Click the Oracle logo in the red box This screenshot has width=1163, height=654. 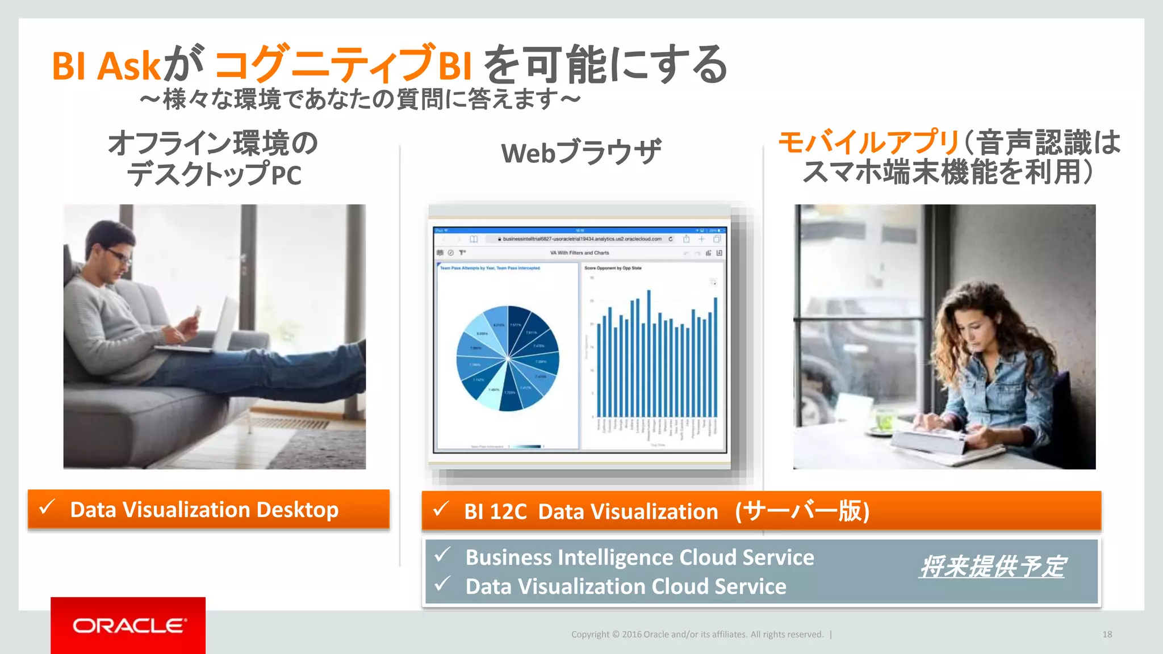129,626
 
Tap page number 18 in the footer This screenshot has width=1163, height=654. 1107,635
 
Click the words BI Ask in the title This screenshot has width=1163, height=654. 106,66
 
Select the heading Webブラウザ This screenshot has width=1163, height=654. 581,152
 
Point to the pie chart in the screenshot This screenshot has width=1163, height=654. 507,358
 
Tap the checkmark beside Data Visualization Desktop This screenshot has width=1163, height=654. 48,507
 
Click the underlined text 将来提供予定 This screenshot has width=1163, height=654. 992,567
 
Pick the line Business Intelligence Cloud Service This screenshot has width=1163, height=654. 639,557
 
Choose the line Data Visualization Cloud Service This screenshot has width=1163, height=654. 625,586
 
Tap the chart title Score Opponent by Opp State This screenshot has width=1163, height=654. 613,268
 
